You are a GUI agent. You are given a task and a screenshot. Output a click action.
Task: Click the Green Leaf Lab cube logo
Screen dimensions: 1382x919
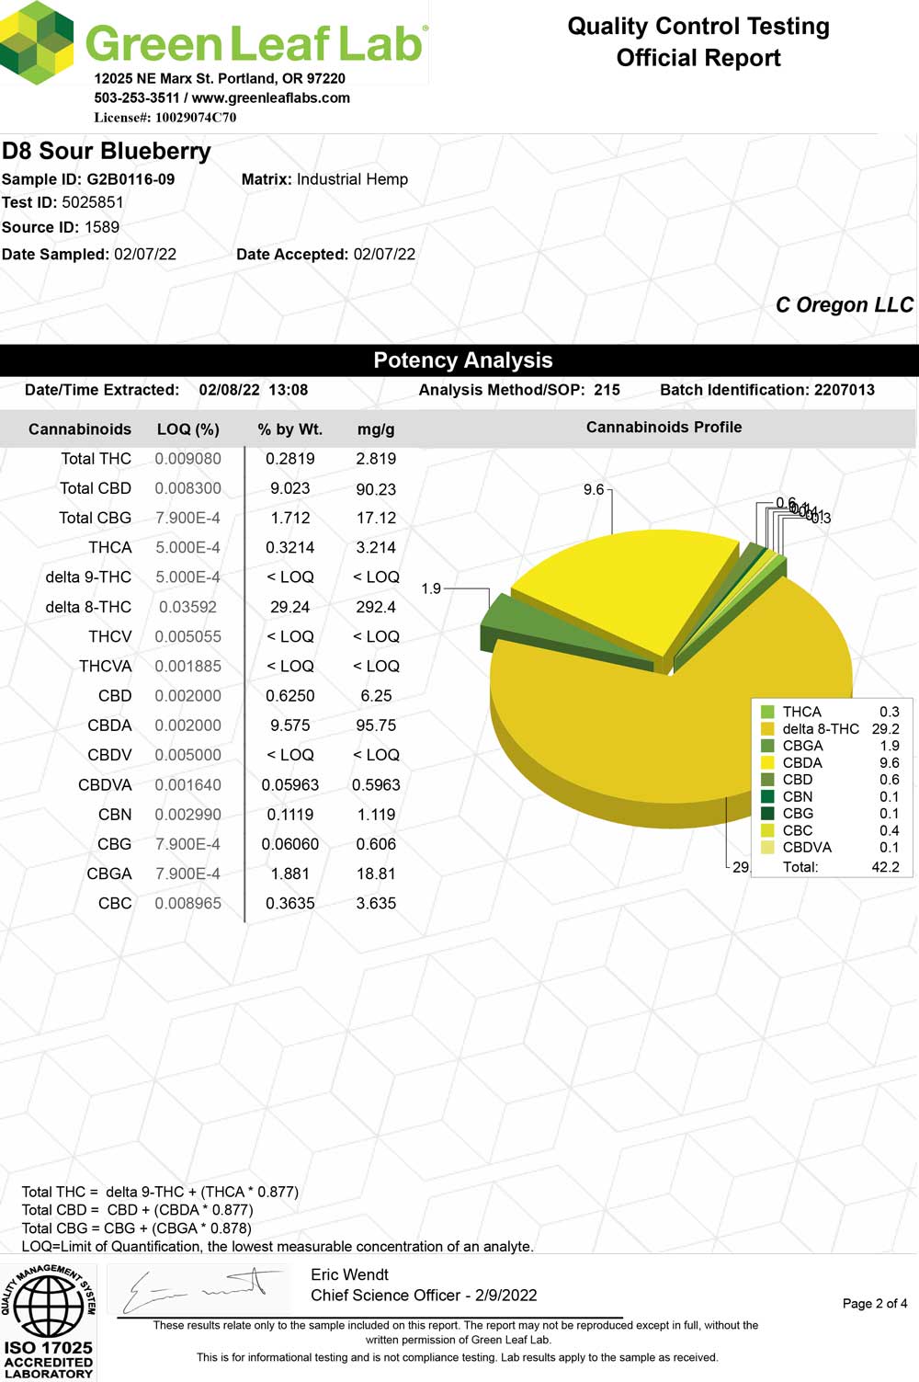tap(38, 40)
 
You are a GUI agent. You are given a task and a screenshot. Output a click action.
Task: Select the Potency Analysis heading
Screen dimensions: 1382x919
tap(462, 360)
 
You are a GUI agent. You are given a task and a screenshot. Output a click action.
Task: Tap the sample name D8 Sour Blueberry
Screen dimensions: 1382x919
tap(107, 151)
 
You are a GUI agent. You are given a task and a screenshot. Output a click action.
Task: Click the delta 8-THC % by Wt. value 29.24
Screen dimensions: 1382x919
tap(289, 607)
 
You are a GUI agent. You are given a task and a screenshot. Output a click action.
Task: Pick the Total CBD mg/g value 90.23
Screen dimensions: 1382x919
tap(376, 489)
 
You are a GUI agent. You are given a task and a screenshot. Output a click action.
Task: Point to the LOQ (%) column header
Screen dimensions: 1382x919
tap(187, 429)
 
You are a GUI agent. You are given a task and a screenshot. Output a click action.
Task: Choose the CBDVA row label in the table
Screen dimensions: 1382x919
tap(105, 785)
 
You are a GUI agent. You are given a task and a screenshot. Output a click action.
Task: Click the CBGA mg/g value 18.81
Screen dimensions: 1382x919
tap(376, 874)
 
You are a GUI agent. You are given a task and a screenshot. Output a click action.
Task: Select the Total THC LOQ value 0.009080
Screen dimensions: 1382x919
tap(187, 459)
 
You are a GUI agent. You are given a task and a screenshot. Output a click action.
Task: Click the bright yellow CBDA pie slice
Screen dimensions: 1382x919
tap(616, 588)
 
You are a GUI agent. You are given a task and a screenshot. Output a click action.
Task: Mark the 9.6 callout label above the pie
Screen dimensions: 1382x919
tap(594, 489)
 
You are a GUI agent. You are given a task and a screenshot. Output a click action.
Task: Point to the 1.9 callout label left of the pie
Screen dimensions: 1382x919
tap(431, 588)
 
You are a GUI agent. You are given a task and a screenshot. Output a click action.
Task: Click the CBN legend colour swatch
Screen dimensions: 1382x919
tap(767, 796)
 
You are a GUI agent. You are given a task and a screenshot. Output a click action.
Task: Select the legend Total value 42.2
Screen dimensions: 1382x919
tap(885, 866)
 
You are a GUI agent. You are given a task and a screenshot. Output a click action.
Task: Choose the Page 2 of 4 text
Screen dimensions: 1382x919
tap(874, 1303)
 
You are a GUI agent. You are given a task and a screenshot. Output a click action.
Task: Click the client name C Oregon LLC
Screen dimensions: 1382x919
tap(844, 305)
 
